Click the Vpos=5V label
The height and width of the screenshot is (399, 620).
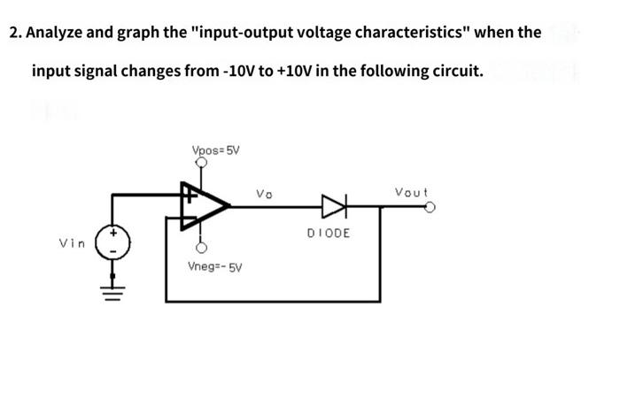pos(215,150)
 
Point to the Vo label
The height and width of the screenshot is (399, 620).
pos(265,192)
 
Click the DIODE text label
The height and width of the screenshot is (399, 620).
pos(329,233)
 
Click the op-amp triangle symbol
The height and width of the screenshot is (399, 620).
pos(203,206)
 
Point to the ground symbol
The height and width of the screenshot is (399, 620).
pos(113,288)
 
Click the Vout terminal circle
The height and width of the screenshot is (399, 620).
pos(430,208)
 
